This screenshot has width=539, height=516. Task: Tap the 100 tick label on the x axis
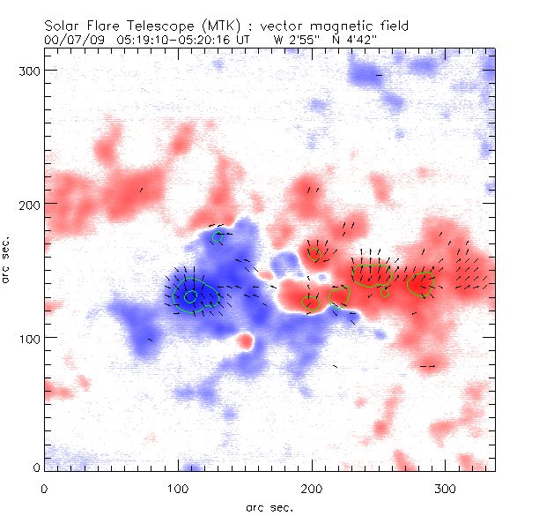click(x=178, y=488)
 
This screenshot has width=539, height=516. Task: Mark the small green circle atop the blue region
click(x=218, y=238)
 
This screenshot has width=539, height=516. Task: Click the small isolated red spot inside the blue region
click(x=245, y=340)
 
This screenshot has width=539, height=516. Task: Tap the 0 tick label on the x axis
click(x=44, y=488)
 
